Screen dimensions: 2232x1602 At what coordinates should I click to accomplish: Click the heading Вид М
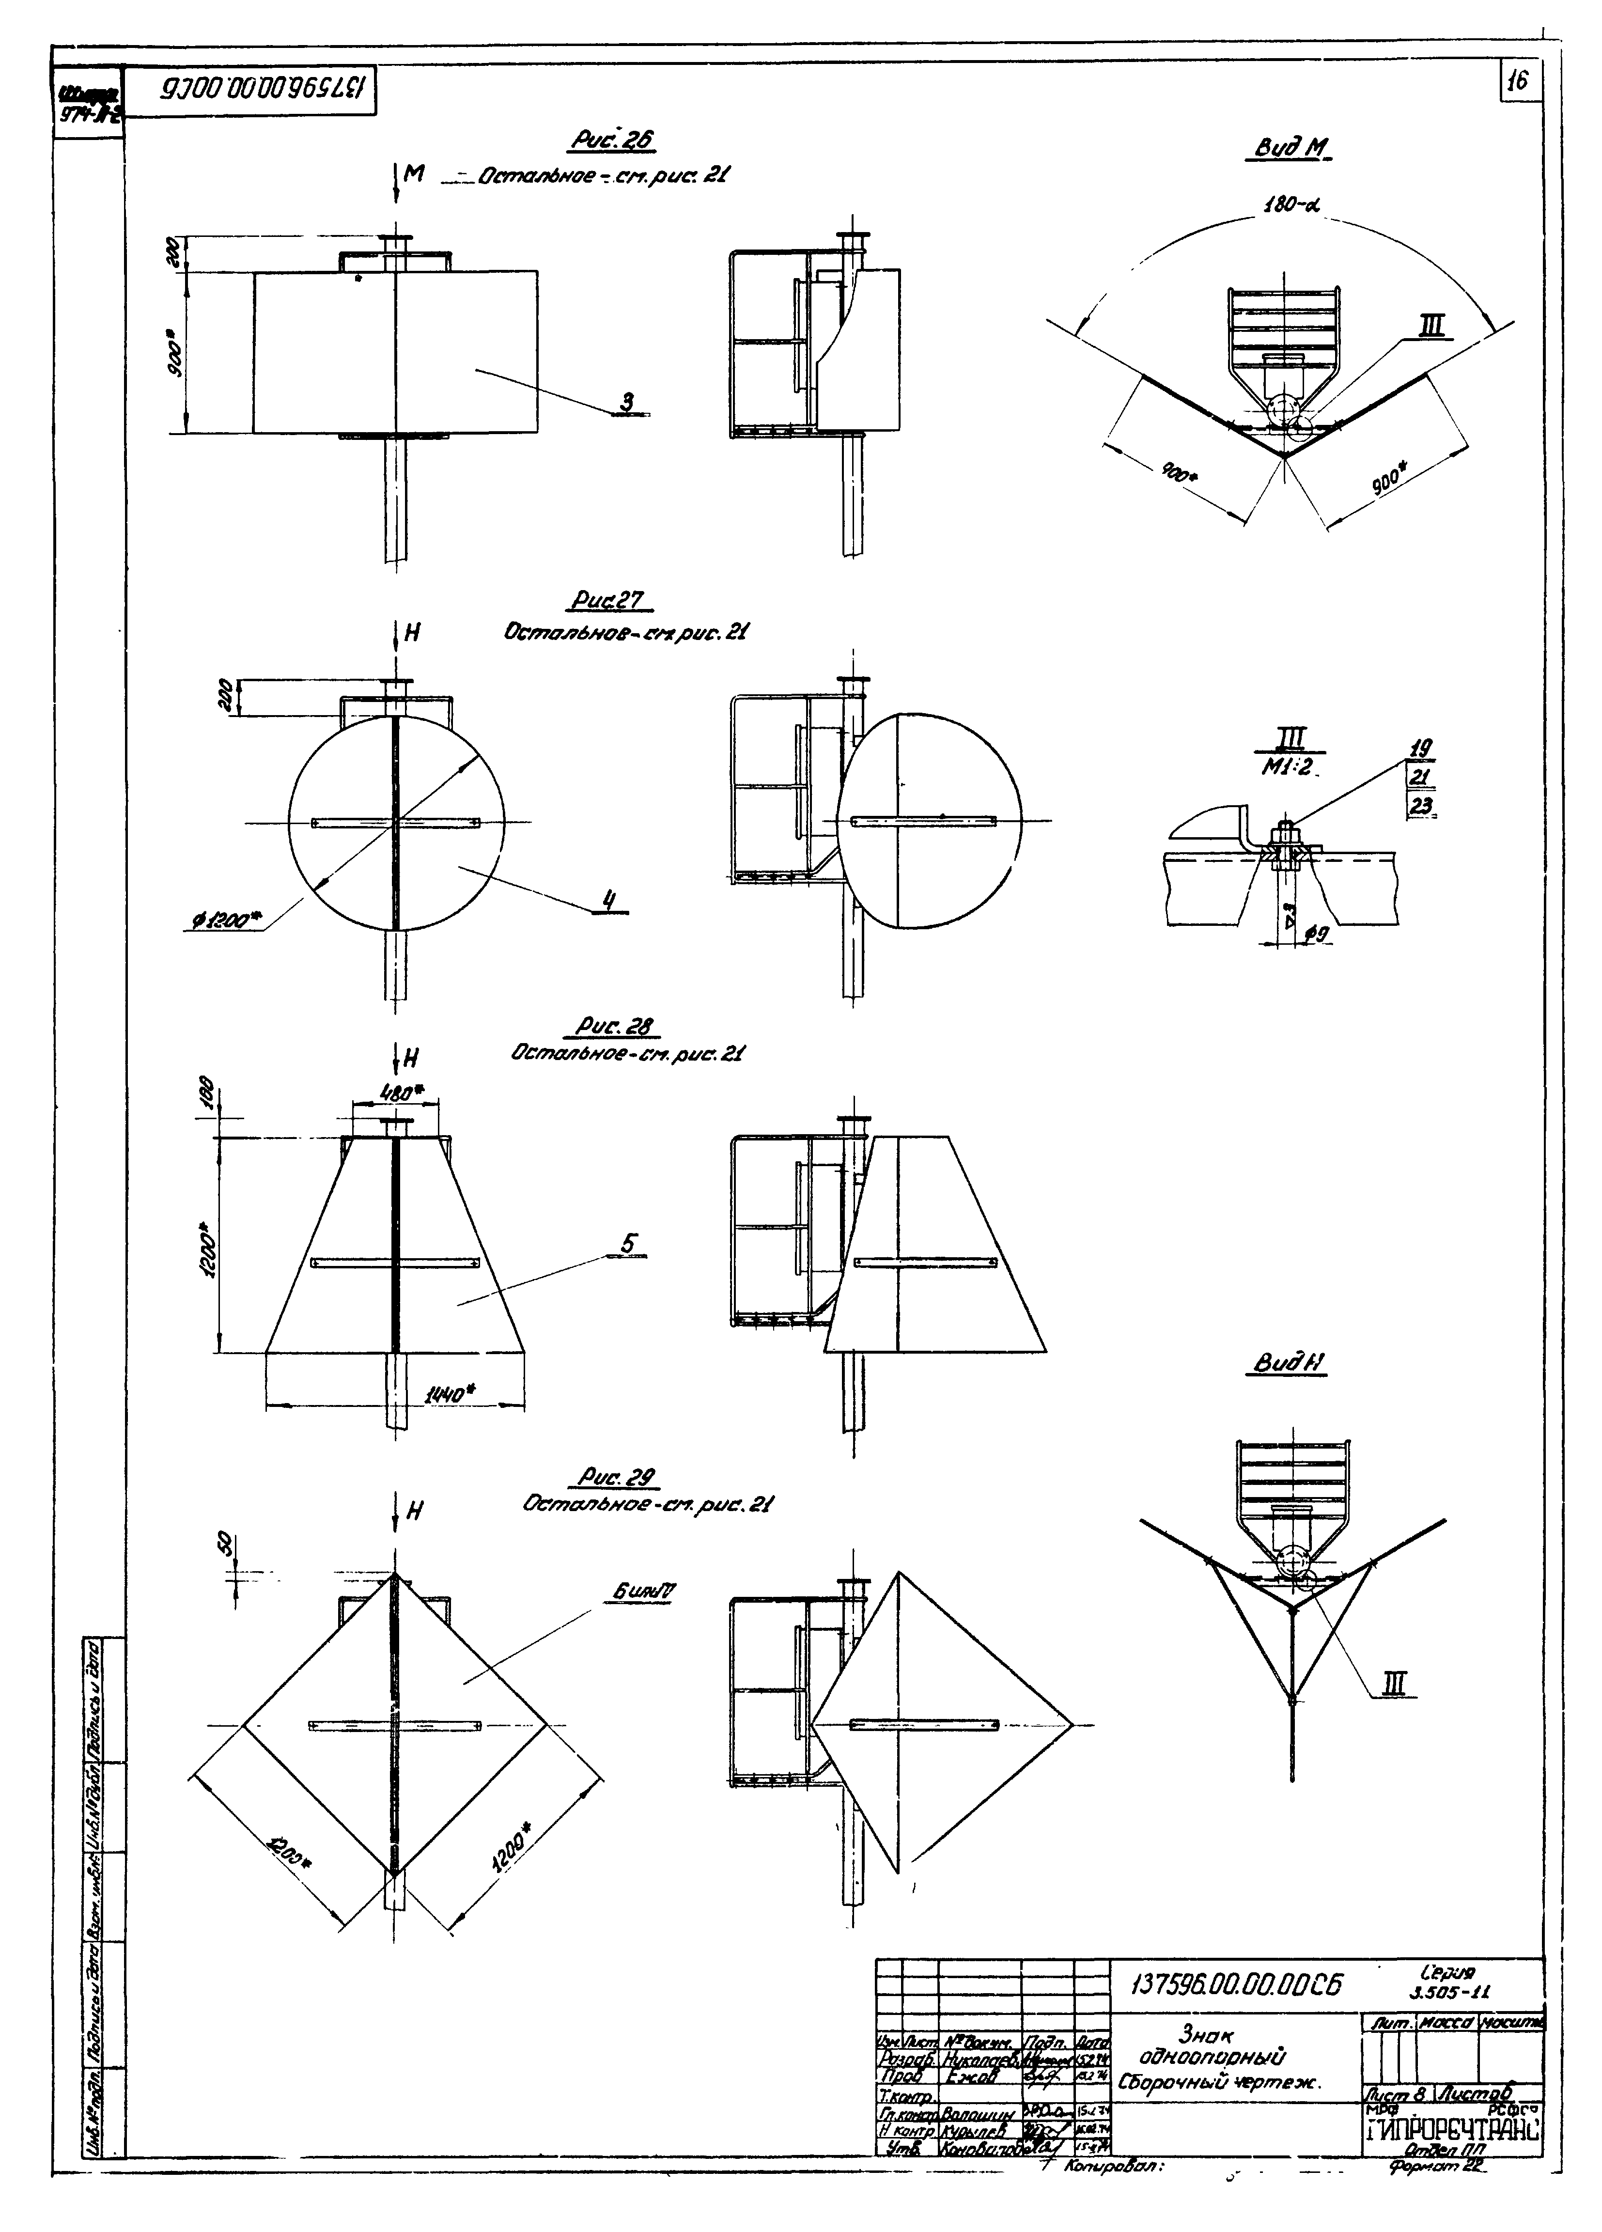tap(1289, 148)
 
